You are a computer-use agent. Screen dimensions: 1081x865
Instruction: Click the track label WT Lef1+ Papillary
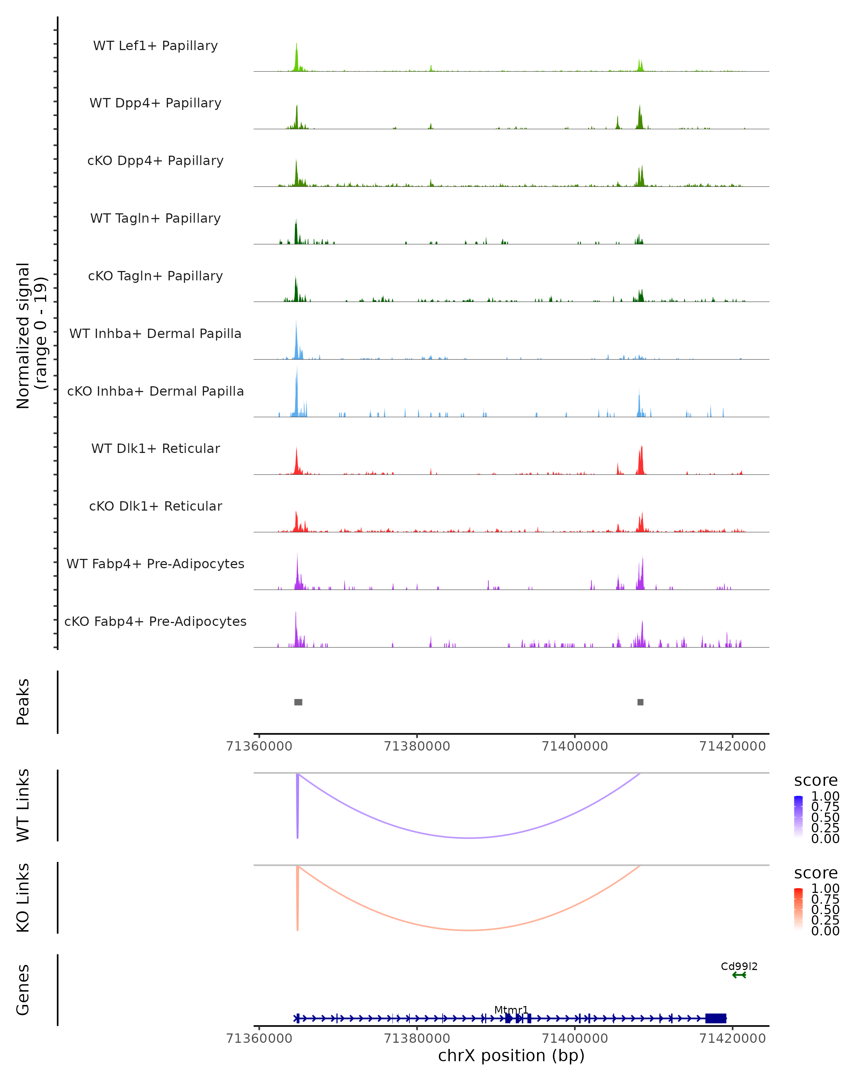[x=155, y=46]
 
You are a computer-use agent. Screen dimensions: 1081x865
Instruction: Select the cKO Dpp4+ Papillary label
[x=155, y=161]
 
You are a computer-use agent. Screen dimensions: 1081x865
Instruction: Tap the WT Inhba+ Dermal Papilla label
[x=155, y=334]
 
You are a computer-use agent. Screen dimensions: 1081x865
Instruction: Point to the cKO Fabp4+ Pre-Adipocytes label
[x=155, y=622]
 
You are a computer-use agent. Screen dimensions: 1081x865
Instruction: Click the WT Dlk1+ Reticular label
[x=155, y=449]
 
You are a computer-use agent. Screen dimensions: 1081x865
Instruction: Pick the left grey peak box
[x=298, y=702]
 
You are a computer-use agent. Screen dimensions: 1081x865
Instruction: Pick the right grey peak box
[x=640, y=702]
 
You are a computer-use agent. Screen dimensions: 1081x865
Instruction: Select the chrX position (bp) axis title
[x=511, y=1056]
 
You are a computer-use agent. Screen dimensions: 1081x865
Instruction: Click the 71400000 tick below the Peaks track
[x=575, y=747]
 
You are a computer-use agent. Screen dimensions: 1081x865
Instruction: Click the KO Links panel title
[x=23, y=898]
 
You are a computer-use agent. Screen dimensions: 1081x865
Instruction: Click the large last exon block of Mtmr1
[x=715, y=1018]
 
